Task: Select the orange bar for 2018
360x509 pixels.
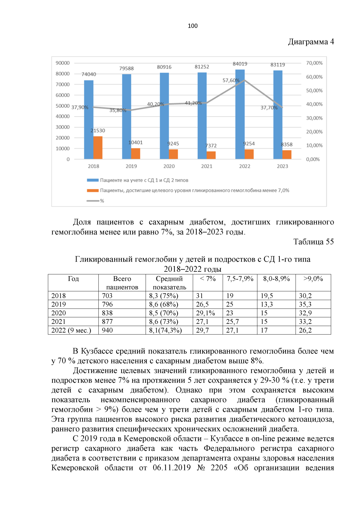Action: [x=98, y=148]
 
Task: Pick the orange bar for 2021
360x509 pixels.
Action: [x=211, y=155]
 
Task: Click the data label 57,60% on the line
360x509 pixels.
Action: [x=231, y=80]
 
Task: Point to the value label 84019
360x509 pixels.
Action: [x=240, y=64]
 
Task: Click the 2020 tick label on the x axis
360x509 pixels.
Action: [x=169, y=166]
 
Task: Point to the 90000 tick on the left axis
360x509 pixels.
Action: [x=62, y=63]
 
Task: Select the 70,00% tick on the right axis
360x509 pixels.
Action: [x=314, y=63]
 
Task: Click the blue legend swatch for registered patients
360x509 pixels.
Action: [x=93, y=180]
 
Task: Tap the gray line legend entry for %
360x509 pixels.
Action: [x=93, y=201]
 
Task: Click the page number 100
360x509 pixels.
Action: [x=193, y=26]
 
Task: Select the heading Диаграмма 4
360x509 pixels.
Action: [x=311, y=42]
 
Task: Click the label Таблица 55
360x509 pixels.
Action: [x=313, y=242]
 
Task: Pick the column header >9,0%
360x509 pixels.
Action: [x=313, y=279]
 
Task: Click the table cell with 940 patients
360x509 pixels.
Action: [x=107, y=330]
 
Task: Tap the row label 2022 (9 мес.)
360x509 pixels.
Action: [x=71, y=330]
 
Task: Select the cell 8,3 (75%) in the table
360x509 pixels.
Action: [x=163, y=296]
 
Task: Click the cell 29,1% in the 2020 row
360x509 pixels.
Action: [x=205, y=313]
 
